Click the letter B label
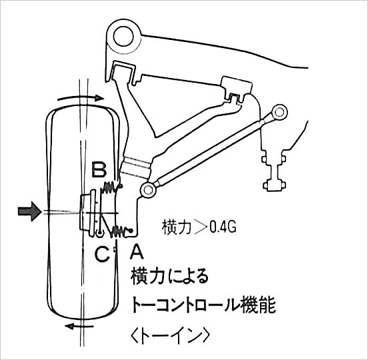99,169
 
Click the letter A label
137,251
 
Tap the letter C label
102,255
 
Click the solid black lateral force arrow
29,211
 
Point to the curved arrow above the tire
81,97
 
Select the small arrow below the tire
79,326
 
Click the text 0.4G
223,227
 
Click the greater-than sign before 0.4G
201,227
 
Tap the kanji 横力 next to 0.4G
176,227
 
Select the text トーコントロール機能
203,305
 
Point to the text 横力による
169,277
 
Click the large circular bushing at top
123,37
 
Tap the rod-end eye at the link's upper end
279,113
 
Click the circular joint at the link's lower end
148,189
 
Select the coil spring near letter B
110,187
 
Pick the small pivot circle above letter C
99,233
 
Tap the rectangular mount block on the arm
237,87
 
